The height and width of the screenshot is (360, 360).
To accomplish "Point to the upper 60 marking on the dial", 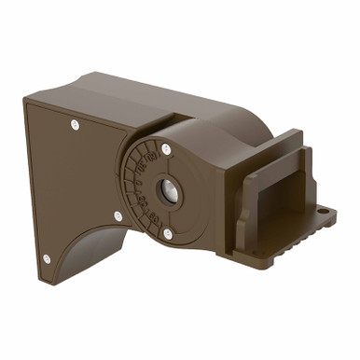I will [145, 154].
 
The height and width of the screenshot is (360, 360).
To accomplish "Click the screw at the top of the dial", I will [165, 147].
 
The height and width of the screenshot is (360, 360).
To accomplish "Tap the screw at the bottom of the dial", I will [168, 233].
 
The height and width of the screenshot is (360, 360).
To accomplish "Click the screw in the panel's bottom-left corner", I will [46, 258].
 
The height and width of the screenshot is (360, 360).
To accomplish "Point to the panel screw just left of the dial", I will [118, 216].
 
